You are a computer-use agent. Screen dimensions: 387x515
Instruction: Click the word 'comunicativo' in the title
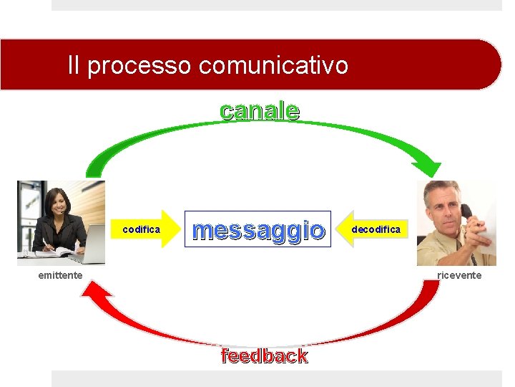point(274,66)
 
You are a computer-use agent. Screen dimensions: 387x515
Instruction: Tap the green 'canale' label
point(260,111)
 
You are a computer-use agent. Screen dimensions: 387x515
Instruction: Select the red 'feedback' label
point(265,356)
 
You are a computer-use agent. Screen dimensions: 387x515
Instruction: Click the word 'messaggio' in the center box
point(258,230)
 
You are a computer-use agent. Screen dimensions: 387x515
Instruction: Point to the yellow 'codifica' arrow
point(147,229)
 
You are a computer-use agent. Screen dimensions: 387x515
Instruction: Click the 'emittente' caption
point(60,275)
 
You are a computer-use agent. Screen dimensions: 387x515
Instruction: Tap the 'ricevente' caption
point(459,275)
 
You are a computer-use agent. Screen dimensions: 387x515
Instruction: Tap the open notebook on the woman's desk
point(50,252)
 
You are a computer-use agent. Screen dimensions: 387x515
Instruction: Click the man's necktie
point(458,248)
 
